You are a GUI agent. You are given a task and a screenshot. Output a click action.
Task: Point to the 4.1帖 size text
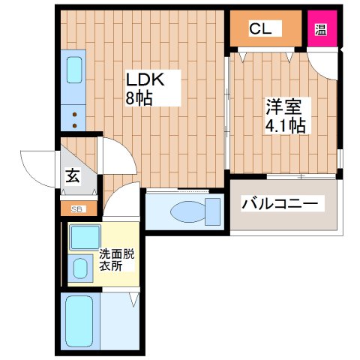[285, 125]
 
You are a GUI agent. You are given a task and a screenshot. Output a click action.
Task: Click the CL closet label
[261, 29]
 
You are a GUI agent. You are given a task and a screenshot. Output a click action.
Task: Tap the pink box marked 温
[321, 30]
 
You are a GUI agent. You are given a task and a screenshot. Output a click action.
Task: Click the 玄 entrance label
[73, 177]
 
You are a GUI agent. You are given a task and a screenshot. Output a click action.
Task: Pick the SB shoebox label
[76, 209]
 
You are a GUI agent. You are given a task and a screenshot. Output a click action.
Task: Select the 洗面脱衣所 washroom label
[116, 259]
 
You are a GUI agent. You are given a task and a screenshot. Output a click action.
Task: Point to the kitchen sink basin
[75, 70]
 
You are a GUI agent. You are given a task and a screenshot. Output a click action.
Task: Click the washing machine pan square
[81, 239]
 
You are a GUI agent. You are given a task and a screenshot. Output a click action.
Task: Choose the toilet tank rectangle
[214, 211]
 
